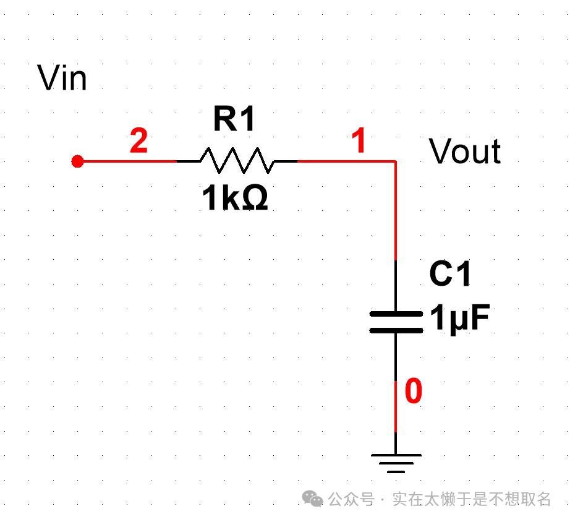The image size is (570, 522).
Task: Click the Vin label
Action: pyautogui.click(x=62, y=79)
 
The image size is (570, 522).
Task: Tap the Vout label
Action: pyautogui.click(x=465, y=152)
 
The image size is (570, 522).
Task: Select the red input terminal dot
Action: pyautogui.click(x=77, y=161)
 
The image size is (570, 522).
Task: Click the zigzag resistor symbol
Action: pyautogui.click(x=237, y=161)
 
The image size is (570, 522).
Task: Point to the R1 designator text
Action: pyautogui.click(x=234, y=119)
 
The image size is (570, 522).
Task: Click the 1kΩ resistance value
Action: pyautogui.click(x=235, y=199)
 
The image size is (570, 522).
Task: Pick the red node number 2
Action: pyautogui.click(x=139, y=142)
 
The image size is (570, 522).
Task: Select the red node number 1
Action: pyautogui.click(x=359, y=142)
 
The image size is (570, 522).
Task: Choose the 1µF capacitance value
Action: pyautogui.click(x=460, y=319)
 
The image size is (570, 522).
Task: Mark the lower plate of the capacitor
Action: pyautogui.click(x=396, y=330)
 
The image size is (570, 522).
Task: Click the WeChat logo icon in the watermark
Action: pyautogui.click(x=312, y=498)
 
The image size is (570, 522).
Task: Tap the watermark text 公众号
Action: pyautogui.click(x=351, y=498)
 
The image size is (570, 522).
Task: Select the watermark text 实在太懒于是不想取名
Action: pyautogui.click(x=472, y=498)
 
